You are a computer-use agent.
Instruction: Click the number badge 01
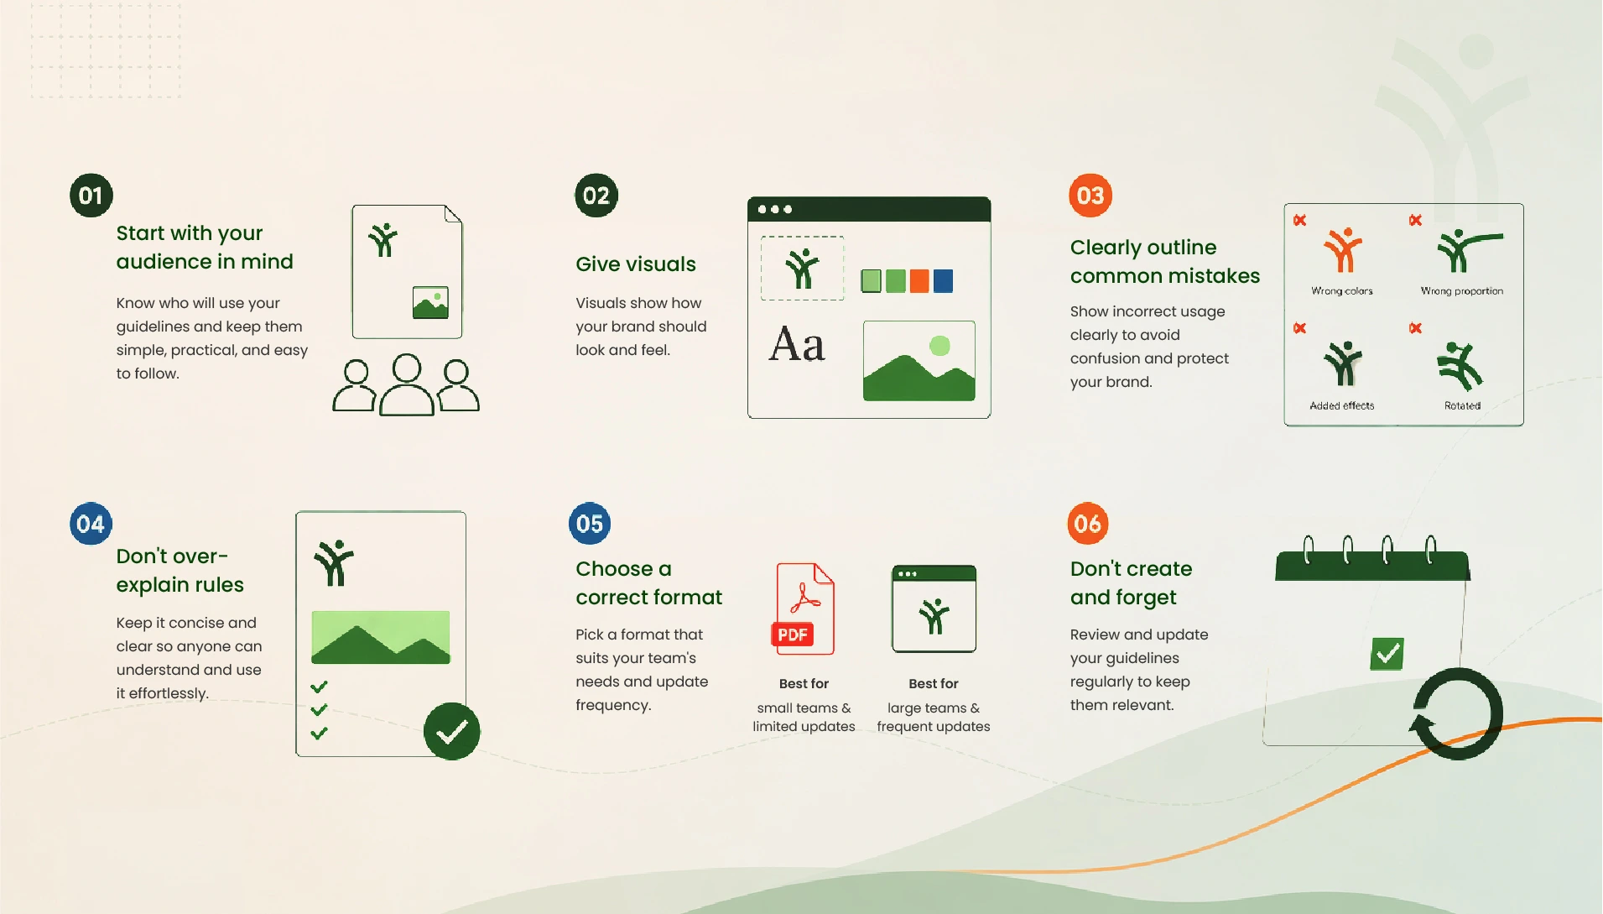pyautogui.click(x=91, y=196)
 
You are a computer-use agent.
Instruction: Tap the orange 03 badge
pyautogui.click(x=1090, y=196)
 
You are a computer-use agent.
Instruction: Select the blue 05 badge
pyautogui.click(x=590, y=524)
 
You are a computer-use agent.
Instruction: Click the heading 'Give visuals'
pyautogui.click(x=635, y=264)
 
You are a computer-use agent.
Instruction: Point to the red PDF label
pyautogui.click(x=792, y=635)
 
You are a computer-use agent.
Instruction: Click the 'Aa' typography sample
pyautogui.click(x=797, y=344)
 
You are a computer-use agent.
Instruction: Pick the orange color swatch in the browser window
pyautogui.click(x=919, y=281)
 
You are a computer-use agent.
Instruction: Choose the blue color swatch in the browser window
pyautogui.click(x=944, y=281)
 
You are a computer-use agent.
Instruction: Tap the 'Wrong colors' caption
pyautogui.click(x=1342, y=291)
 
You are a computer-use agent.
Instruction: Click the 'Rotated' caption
pyautogui.click(x=1462, y=405)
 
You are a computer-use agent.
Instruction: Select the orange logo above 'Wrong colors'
pyautogui.click(x=1342, y=250)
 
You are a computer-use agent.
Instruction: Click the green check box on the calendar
pyautogui.click(x=1387, y=653)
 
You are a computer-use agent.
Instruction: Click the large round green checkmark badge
pyautogui.click(x=451, y=732)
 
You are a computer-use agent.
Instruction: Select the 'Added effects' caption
pyautogui.click(x=1342, y=405)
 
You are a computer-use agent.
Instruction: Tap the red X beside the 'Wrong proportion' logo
pyautogui.click(x=1415, y=220)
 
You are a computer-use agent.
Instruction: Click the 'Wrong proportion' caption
pyautogui.click(x=1462, y=291)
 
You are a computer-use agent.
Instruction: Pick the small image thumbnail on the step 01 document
pyautogui.click(x=430, y=303)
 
